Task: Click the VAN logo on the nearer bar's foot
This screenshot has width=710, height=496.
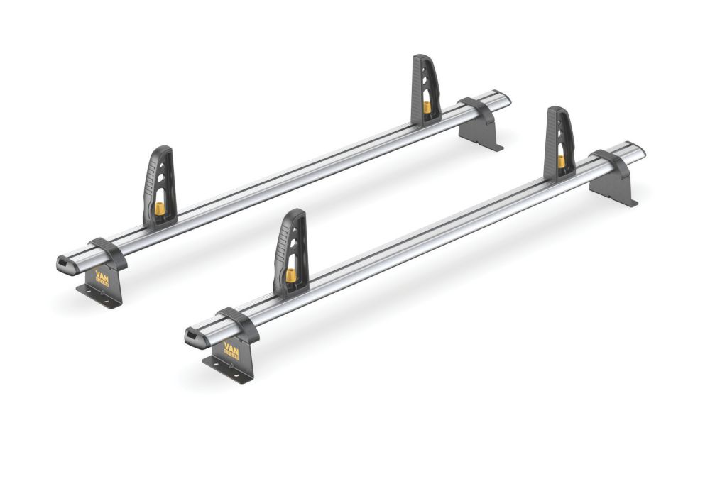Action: (x=231, y=349)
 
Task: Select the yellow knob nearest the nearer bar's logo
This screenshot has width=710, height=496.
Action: (x=290, y=275)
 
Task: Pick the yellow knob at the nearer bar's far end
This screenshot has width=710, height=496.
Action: (x=561, y=162)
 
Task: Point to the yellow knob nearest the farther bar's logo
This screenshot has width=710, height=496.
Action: (x=159, y=210)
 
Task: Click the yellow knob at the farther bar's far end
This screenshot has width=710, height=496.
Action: (x=427, y=107)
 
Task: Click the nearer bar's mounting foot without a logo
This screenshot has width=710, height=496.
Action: (x=614, y=188)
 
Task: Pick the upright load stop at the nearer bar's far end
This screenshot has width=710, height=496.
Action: (x=559, y=141)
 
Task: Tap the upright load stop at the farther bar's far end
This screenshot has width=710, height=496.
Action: (x=425, y=88)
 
